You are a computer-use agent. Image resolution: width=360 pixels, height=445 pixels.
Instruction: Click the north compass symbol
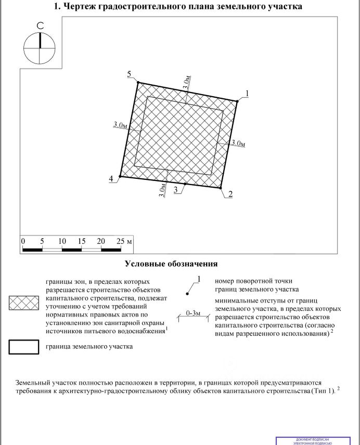39,48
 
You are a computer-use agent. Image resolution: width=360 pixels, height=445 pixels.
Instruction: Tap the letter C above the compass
40,26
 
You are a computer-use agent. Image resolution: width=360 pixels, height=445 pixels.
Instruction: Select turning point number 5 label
129,75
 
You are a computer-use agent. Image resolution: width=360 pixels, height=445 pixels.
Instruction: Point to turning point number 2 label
229,194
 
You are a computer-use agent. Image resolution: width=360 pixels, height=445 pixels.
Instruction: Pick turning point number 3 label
176,190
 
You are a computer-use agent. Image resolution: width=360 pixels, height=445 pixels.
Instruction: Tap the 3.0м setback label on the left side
120,125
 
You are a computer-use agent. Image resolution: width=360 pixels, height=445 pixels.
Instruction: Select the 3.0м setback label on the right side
238,142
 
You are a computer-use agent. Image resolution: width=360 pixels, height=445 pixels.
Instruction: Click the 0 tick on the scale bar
23,242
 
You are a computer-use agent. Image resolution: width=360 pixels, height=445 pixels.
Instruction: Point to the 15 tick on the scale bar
82,242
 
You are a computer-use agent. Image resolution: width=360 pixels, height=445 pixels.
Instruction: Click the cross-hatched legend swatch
24,304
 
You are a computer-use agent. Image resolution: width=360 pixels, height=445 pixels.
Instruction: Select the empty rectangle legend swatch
24,346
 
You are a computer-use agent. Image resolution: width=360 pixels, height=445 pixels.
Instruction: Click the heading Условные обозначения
171,264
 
